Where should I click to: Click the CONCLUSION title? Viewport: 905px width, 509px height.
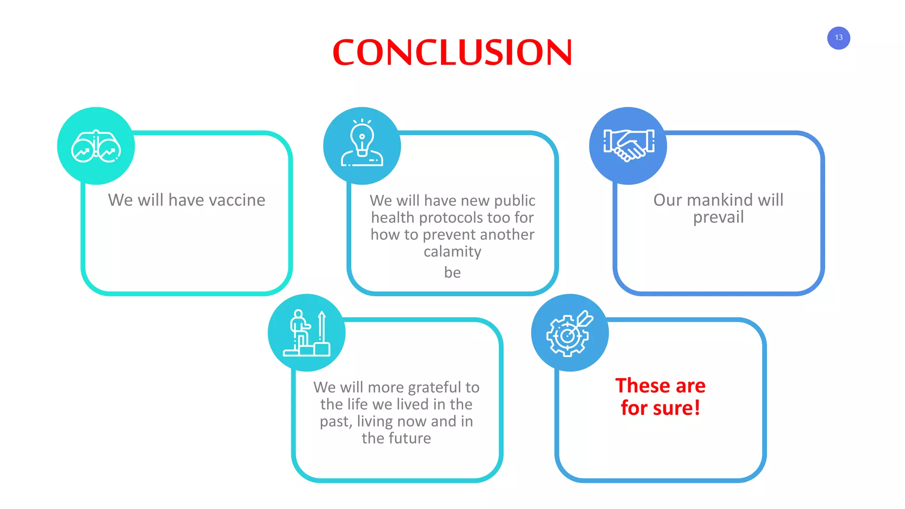click(452, 52)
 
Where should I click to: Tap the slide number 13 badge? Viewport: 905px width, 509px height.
click(838, 38)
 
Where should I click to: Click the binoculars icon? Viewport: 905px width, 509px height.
click(96, 146)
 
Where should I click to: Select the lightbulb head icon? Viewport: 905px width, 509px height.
click(362, 144)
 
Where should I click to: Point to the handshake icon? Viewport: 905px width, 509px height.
click(628, 145)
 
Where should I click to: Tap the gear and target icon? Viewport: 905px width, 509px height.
click(569, 333)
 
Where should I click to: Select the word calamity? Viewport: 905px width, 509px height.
click(452, 252)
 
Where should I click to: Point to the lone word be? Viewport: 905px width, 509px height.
click(452, 273)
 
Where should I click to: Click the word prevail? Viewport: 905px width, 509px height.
click(718, 217)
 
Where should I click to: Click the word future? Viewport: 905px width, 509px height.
click(408, 438)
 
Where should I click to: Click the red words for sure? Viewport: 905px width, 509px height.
click(660, 408)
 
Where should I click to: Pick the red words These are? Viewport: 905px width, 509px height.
click(660, 386)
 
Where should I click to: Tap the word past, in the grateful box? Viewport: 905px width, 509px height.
click(336, 422)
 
